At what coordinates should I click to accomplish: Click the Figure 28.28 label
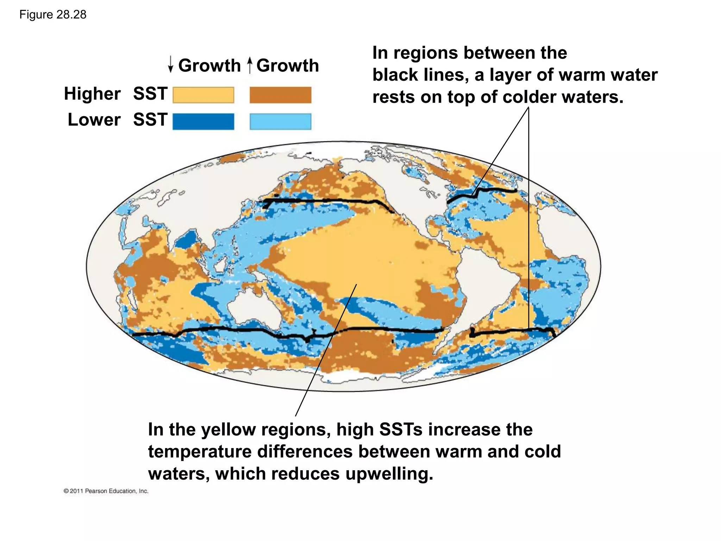53,15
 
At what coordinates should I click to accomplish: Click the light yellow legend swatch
203,95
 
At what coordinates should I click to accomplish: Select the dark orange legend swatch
280,95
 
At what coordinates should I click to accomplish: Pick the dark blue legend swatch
203,122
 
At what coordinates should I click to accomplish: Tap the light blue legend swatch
280,122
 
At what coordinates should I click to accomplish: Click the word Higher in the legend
92,94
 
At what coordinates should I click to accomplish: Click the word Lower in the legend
94,120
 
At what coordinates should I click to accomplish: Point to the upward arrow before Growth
250,65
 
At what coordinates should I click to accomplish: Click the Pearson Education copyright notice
106,491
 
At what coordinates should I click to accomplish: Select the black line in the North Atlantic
482,192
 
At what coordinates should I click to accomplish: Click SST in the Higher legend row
150,94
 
